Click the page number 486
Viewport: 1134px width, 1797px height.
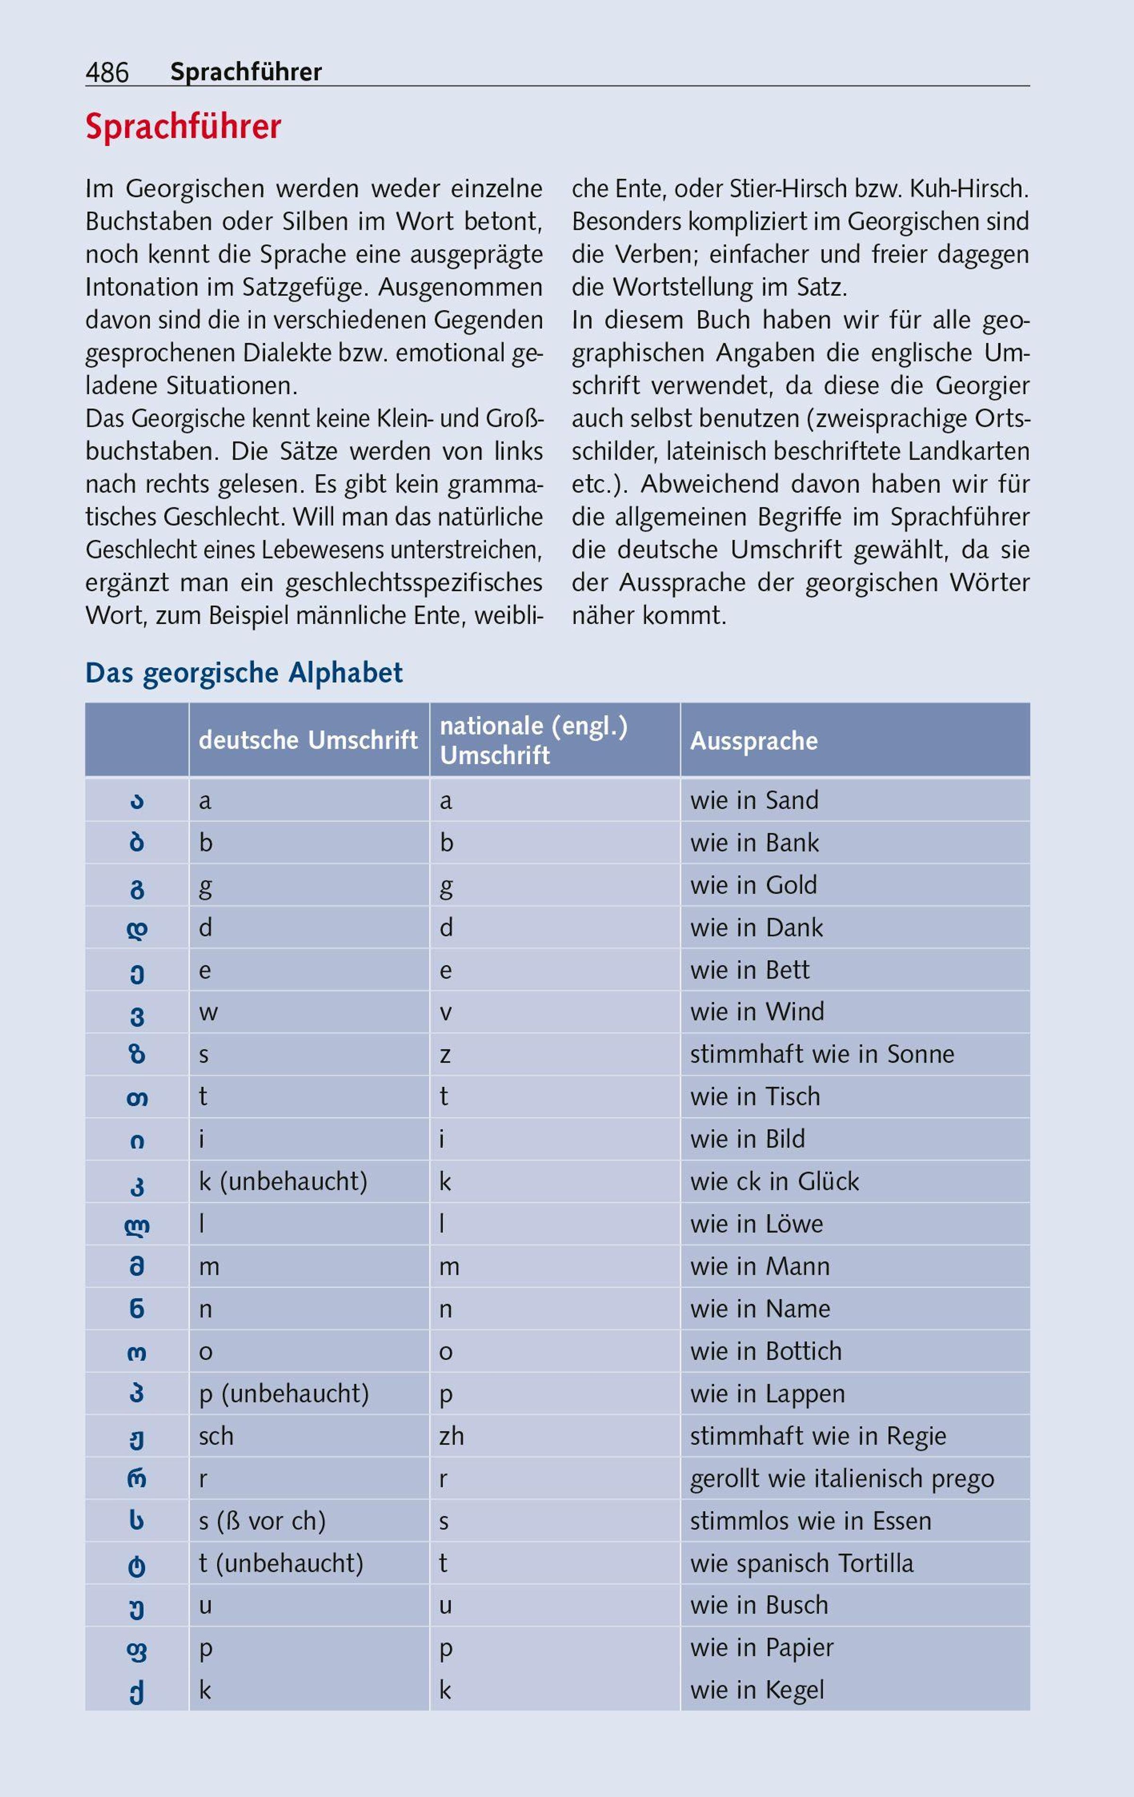coord(107,72)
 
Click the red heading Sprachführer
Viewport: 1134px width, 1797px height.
coord(183,127)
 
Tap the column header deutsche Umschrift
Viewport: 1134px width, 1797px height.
coord(308,740)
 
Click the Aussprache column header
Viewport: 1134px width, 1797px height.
coord(754,741)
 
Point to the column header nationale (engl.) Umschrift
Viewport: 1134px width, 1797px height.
coord(533,740)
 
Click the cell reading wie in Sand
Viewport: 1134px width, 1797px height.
coord(754,800)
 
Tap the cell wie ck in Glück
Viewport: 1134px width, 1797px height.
coord(774,1181)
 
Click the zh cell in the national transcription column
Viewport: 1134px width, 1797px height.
coord(451,1436)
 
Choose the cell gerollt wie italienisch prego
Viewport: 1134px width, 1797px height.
coord(842,1478)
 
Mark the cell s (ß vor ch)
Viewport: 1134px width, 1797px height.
coord(262,1521)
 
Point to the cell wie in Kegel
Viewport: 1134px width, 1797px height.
coord(756,1690)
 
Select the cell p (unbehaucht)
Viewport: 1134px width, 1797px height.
coord(283,1393)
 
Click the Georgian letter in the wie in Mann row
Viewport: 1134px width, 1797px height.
coord(137,1267)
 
